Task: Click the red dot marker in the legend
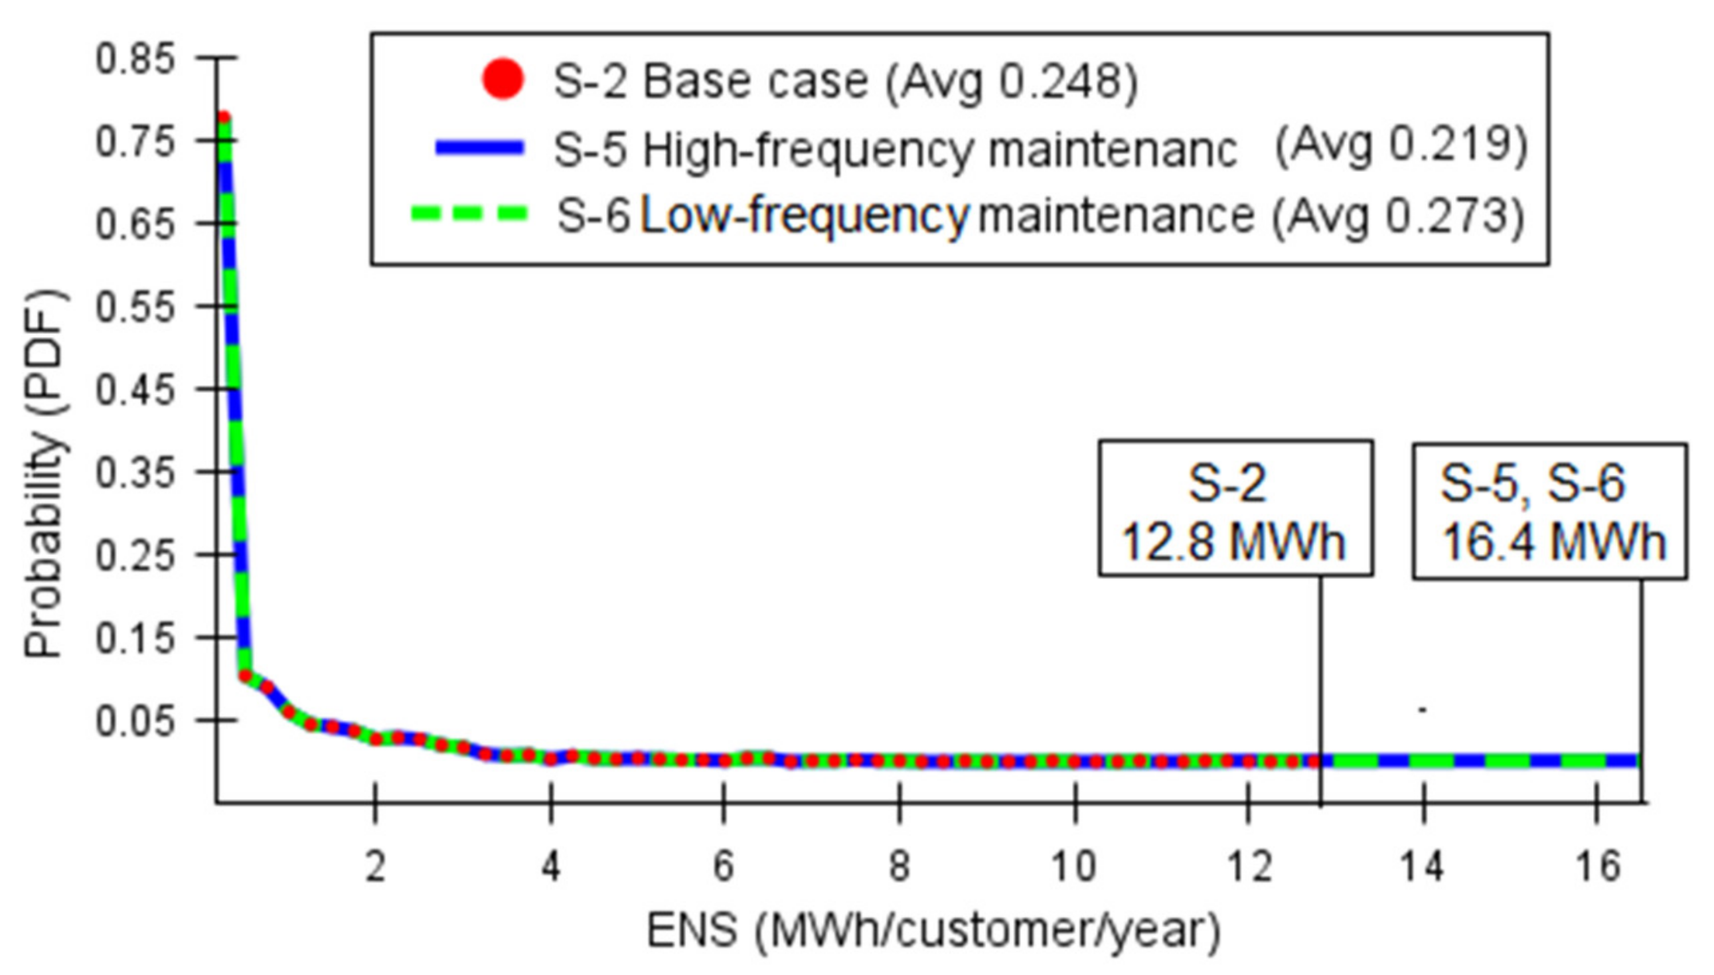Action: pos(502,80)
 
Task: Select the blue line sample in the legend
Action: pos(479,147)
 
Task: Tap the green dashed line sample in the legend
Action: pos(469,214)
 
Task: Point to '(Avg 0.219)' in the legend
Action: pos(1401,145)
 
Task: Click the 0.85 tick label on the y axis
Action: pos(135,59)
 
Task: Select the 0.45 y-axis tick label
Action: pos(135,390)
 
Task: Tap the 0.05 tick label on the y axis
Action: pos(135,721)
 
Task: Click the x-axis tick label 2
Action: pos(376,866)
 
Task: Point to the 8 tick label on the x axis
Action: pos(899,866)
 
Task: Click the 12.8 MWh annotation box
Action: pos(1235,508)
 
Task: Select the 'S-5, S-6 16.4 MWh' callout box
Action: pos(1549,511)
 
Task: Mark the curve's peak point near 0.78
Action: pos(224,119)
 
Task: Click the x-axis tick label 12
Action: pos(1249,866)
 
